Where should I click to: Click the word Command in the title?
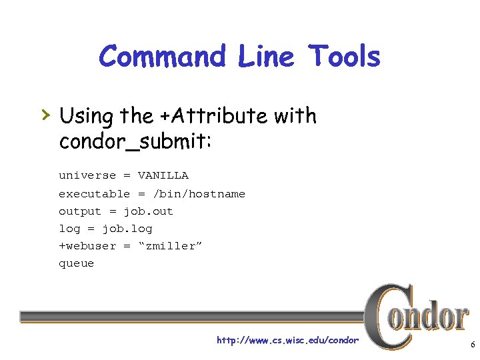[162, 57]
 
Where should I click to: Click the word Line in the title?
[266, 57]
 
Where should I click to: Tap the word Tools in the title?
[344, 57]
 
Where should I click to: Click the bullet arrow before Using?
[45, 115]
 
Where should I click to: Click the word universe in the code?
[87, 175]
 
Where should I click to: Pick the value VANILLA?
[163, 175]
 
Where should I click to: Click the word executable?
[94, 194]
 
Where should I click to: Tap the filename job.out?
[148, 211]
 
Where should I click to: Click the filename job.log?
[127, 229]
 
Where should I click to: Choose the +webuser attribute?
[87, 246]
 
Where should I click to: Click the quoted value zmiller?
[170, 246]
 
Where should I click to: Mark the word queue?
[77, 263]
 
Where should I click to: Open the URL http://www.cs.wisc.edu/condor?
[287, 341]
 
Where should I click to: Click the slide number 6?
[472, 345]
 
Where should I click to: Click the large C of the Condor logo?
[387, 316]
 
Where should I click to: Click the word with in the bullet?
[294, 116]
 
